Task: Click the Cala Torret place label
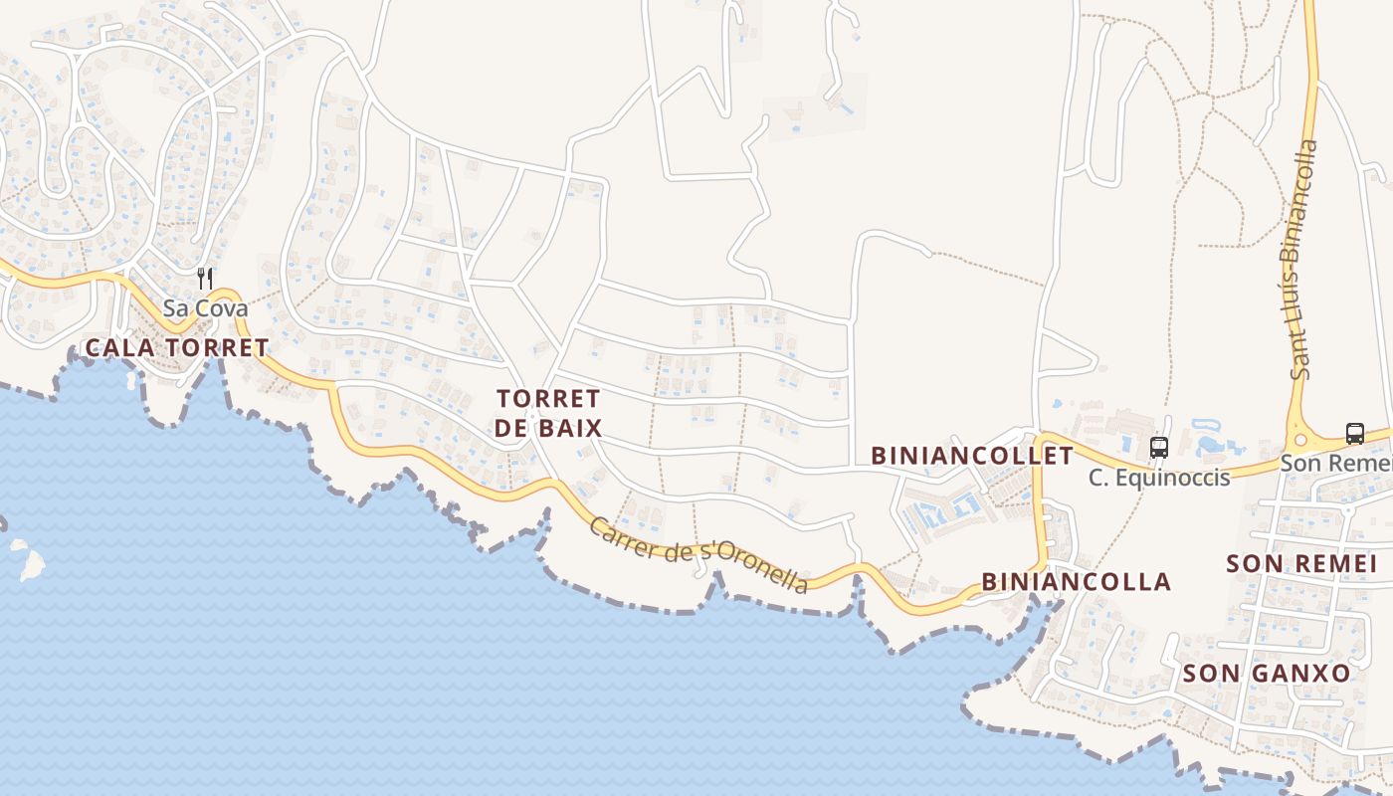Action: point(177,348)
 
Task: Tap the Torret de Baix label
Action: point(548,413)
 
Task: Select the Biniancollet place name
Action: point(972,456)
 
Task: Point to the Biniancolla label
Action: point(1076,581)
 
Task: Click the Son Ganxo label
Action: point(1266,674)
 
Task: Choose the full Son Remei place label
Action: point(1301,564)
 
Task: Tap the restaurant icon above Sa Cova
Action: point(205,279)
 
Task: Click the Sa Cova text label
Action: point(205,308)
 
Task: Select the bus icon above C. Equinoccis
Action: point(1158,448)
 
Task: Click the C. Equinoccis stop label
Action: point(1158,478)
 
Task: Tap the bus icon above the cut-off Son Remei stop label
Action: point(1354,434)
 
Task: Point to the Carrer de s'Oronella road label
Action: point(698,554)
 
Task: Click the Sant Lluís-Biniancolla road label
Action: point(1301,259)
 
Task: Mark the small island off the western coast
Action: point(30,562)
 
